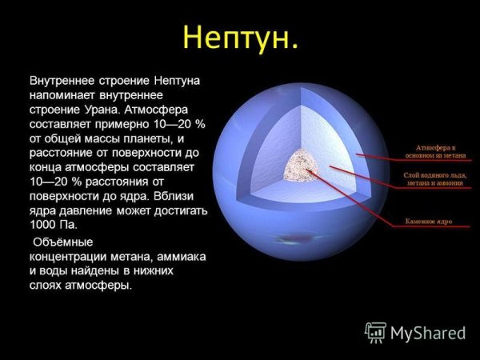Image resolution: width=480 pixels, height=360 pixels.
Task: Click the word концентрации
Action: pyautogui.click(x=68, y=256)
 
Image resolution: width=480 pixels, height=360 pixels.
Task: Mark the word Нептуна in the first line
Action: pyautogui.click(x=175, y=81)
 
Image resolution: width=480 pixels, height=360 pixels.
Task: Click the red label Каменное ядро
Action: pyautogui.click(x=430, y=220)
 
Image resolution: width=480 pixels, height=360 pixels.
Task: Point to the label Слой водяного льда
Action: pyautogui.click(x=434, y=178)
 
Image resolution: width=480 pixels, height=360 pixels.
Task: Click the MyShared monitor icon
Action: pyautogui.click(x=376, y=332)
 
